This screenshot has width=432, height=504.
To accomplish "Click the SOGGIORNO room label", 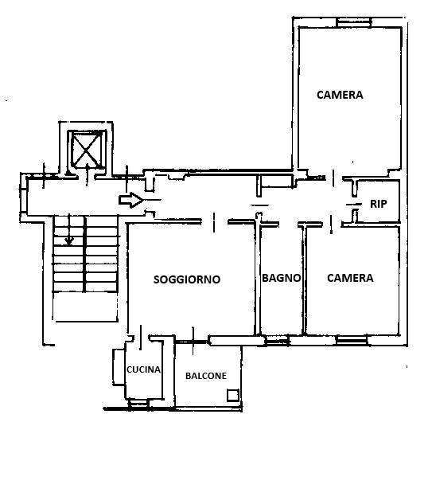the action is coord(187,279).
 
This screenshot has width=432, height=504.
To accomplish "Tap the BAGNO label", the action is coord(282,278).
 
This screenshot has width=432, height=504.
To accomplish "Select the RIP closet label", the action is coord(379,204).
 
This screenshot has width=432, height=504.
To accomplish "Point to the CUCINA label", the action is coord(143,369).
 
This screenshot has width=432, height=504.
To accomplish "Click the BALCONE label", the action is coord(206,376).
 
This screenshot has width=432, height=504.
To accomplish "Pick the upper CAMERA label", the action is coord(340,95).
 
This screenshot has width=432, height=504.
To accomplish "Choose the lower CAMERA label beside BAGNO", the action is coord(350,278).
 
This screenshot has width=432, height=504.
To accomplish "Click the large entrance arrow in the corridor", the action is coord(130,200).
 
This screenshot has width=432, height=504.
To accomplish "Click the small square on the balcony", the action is coord(233,395).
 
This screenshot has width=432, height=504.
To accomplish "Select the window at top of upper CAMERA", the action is coord(354,22).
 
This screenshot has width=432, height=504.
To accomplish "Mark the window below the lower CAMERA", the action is coord(351,340).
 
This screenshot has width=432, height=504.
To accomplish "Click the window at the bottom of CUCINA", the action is coord(138,403).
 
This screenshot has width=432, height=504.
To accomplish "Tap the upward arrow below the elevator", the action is coord(87,174).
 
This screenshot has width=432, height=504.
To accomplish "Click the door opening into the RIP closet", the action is coord(353,204).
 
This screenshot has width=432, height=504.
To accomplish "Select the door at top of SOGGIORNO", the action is coord(214,222).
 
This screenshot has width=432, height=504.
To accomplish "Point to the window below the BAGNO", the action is coord(276,341).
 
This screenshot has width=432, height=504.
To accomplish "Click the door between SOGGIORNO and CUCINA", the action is coord(141,337).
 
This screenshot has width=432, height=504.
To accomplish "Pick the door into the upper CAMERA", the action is coord(333,178).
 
